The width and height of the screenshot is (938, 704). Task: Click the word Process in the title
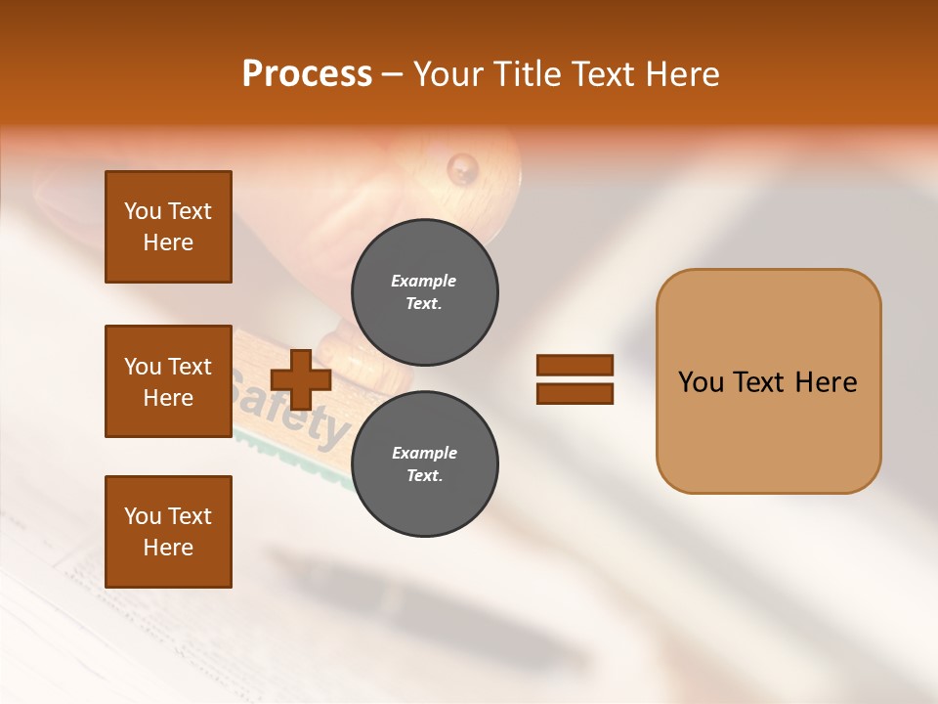307,74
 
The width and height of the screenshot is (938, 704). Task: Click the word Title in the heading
529,74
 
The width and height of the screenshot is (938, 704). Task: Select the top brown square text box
168,227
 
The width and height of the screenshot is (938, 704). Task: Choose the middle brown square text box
168,380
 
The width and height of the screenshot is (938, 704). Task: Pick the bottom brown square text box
168,531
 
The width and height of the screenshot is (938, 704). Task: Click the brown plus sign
301,379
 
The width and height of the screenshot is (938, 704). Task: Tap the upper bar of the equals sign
575,366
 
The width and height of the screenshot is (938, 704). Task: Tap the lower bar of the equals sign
575,393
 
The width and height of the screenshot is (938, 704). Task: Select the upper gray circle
425,292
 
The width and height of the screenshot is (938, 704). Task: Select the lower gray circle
425,464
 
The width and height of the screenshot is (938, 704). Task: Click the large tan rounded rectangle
768,380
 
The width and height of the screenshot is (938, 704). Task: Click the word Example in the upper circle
423,281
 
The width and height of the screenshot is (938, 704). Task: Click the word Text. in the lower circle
424,476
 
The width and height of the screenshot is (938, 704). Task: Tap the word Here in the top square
168,242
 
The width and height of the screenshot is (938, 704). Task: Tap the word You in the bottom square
143,516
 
